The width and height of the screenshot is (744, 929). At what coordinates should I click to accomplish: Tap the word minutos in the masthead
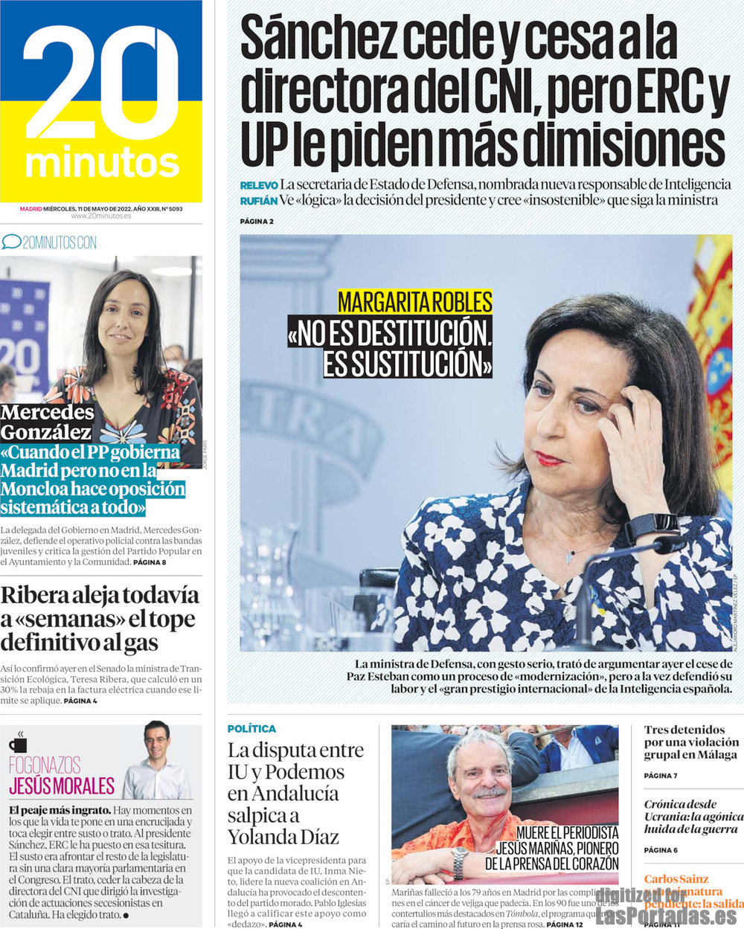pyautogui.click(x=103, y=163)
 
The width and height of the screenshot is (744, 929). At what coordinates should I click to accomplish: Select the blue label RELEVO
pyautogui.click(x=259, y=184)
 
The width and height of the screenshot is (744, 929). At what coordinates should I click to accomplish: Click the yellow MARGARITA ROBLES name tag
pyautogui.click(x=415, y=302)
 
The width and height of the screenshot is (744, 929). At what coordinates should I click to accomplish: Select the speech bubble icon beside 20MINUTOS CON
pyautogui.click(x=11, y=242)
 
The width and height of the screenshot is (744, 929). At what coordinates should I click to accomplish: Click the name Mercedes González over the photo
pyautogui.click(x=47, y=422)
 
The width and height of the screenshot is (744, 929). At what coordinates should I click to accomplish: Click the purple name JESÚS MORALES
pyautogui.click(x=62, y=785)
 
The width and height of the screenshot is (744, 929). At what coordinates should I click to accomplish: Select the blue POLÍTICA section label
pyautogui.click(x=251, y=729)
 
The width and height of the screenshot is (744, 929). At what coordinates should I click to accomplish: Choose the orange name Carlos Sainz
pyautogui.click(x=676, y=879)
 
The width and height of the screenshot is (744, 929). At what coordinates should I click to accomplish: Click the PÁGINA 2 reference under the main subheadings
pyautogui.click(x=257, y=222)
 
